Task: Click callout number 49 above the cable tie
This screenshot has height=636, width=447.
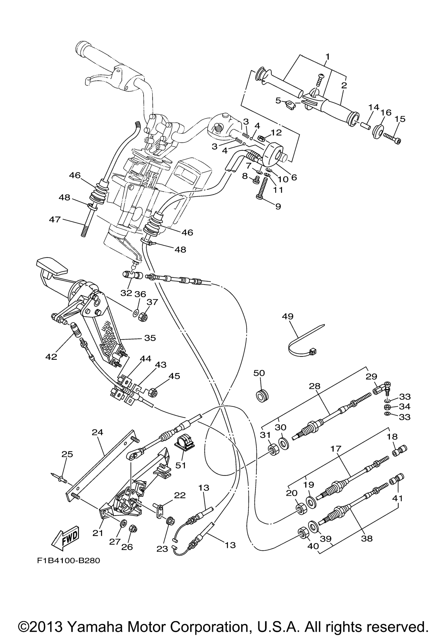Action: [x=288, y=316]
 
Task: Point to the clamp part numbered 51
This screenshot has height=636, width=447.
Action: [x=184, y=445]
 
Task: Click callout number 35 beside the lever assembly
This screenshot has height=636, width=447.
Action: [x=150, y=338]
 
